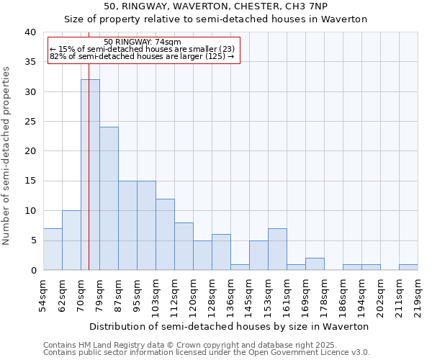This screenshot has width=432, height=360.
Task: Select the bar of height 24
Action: pyautogui.click(x=109, y=198)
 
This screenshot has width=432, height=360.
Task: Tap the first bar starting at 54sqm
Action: pyautogui.click(x=53, y=249)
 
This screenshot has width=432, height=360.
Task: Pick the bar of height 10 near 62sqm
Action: pyautogui.click(x=71, y=240)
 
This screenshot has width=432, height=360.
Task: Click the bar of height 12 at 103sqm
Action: pyautogui.click(x=165, y=234)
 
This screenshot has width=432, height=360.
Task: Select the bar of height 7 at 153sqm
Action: pyautogui.click(x=277, y=249)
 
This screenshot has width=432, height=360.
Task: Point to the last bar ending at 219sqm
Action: pyautogui.click(x=408, y=267)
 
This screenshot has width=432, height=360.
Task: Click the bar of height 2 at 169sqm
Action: pyautogui.click(x=315, y=264)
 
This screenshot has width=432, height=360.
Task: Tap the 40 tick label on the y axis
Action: pyautogui.click(x=30, y=32)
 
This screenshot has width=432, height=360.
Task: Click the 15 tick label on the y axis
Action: pyautogui.click(x=30, y=181)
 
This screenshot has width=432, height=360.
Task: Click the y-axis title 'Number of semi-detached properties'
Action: pyautogui.click(x=7, y=156)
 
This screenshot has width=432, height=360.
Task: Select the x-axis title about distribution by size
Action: pyautogui.click(x=230, y=326)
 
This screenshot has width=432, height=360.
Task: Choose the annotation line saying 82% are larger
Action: pyautogui.click(x=142, y=56)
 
